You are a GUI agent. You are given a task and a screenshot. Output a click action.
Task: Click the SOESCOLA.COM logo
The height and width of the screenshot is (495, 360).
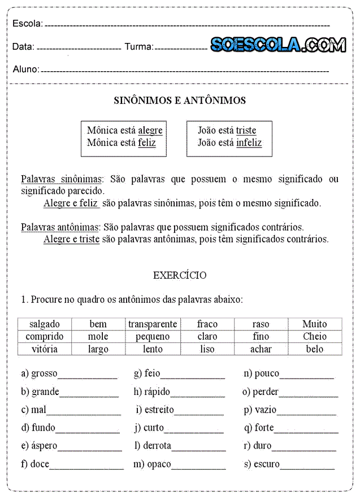278,45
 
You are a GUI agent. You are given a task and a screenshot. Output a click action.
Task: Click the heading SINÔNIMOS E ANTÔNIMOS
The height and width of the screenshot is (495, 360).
180,101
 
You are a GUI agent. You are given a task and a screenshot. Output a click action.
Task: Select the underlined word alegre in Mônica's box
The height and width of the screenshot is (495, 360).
150,131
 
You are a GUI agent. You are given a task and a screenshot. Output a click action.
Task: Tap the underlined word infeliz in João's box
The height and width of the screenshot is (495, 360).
249,143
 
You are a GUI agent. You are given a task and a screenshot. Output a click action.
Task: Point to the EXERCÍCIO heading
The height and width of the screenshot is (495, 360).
180,276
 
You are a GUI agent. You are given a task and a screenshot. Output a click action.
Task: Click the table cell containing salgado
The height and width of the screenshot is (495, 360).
45,324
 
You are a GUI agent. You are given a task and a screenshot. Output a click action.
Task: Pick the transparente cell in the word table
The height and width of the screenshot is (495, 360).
153,324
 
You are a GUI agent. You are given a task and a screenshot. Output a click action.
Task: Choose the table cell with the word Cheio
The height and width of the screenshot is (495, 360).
314,337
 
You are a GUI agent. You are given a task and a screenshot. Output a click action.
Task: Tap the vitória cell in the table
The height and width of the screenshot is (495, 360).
45,349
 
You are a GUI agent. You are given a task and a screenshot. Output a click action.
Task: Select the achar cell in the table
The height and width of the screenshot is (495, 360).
261,349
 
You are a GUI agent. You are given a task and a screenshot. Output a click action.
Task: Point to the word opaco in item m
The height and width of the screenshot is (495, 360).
159,464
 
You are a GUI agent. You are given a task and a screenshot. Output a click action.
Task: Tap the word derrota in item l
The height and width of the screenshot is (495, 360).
157,446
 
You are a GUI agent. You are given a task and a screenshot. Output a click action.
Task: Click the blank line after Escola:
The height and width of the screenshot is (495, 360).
186,25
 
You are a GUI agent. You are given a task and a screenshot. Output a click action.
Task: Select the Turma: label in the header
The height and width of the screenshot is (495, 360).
138,47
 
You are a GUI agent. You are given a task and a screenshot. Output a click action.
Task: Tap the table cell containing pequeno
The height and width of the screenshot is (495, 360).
153,337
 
